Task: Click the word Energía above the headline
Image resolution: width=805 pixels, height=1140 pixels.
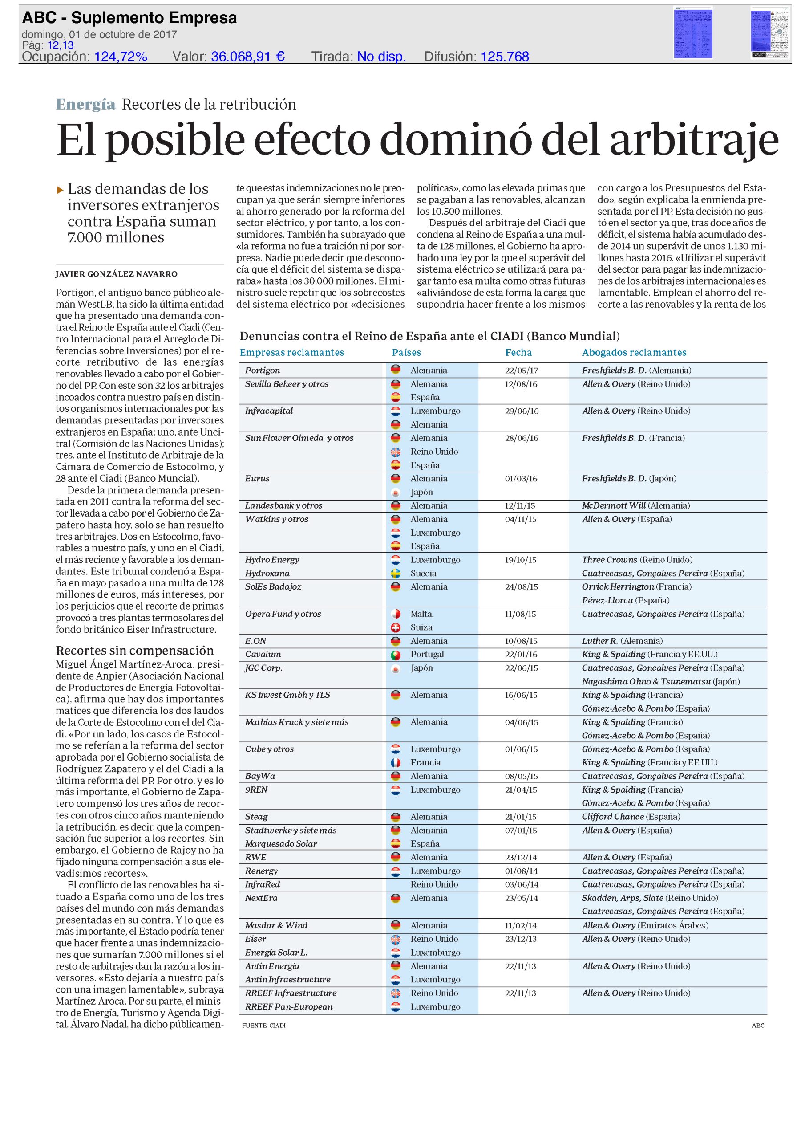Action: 85,104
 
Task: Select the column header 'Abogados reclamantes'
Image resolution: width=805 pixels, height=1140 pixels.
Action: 634,353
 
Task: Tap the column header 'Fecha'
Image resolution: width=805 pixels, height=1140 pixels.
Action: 518,353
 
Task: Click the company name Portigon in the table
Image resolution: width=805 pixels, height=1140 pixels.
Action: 263,370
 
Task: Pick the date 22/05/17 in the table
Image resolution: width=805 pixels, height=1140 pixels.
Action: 521,370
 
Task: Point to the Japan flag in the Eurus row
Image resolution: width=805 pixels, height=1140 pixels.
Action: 396,492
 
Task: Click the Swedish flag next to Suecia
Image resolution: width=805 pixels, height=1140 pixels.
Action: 396,574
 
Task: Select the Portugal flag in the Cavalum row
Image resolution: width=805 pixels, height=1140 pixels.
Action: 396,655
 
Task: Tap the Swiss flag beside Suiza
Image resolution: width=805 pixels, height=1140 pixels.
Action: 396,627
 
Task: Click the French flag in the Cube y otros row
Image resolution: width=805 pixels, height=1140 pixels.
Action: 396,763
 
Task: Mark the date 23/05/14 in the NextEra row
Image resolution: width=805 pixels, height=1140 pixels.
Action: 521,898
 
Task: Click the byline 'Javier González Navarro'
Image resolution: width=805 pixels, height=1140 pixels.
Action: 116,274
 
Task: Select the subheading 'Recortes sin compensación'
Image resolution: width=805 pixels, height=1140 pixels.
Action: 134,651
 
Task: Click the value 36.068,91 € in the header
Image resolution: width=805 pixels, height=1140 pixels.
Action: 248,57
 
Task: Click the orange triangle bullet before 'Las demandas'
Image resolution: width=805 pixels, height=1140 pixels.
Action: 60,190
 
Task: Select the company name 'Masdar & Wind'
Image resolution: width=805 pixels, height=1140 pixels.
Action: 276,925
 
